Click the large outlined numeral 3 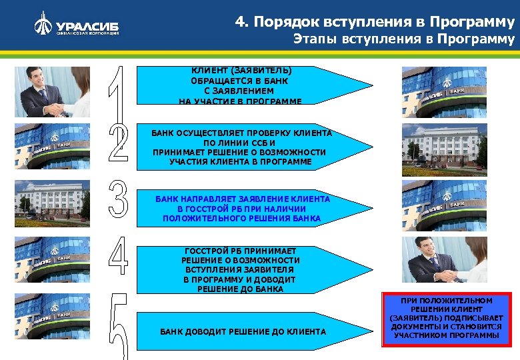click(x=118, y=199)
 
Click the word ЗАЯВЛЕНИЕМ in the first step click(x=242, y=91)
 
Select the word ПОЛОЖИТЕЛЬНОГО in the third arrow click(x=201, y=218)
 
